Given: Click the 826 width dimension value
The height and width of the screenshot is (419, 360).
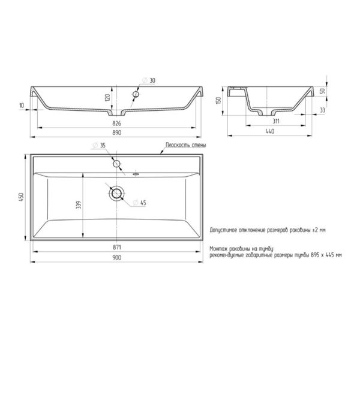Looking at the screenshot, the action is pyautogui.click(x=116, y=123).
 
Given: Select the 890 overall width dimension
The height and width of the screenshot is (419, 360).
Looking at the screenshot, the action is pyautogui.click(x=116, y=132).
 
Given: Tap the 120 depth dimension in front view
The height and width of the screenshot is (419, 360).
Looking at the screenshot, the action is pyautogui.click(x=107, y=98).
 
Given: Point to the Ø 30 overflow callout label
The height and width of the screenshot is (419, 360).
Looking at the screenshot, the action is pyautogui.click(x=148, y=80).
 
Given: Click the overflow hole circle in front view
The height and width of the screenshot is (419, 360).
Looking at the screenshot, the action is pyautogui.click(x=136, y=94).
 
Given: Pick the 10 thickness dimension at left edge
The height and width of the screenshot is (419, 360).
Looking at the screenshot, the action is pyautogui.click(x=22, y=105).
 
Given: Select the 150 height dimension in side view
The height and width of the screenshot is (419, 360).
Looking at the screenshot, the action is pyautogui.click(x=218, y=100).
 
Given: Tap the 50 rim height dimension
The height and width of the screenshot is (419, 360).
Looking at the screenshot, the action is pyautogui.click(x=322, y=91).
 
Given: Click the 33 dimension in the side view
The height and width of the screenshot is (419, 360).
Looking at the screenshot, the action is pyautogui.click(x=322, y=110).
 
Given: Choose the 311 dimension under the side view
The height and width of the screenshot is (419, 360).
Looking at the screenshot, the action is pyautogui.click(x=276, y=121).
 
